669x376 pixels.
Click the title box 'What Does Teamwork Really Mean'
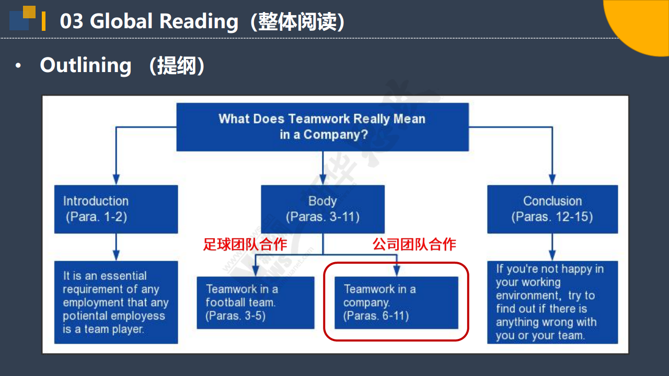(x=322, y=127)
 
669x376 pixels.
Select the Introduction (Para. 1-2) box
(x=116, y=209)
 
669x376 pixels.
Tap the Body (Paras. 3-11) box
(x=323, y=209)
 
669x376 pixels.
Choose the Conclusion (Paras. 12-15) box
(x=552, y=209)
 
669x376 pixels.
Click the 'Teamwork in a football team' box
(x=256, y=302)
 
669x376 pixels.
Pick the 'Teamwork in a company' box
(x=396, y=302)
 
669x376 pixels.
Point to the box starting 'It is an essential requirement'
(x=116, y=302)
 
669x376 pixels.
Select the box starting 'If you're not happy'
(x=552, y=302)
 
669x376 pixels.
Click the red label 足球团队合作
(x=245, y=244)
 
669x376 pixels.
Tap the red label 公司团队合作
(x=414, y=244)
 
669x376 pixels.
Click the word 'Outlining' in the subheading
(x=86, y=65)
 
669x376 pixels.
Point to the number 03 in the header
(x=72, y=21)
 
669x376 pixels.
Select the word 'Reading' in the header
(x=199, y=22)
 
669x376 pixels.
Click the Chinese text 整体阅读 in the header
(x=297, y=22)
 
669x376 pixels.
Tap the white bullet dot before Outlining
(x=18, y=65)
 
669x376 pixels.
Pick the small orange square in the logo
(x=29, y=12)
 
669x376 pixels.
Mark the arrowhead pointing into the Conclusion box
(x=552, y=179)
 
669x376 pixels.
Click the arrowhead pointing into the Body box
(x=323, y=179)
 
